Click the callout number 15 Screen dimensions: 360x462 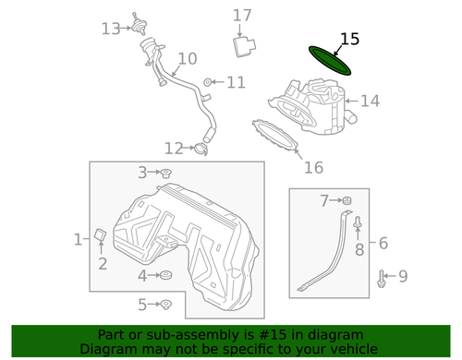coord(349,39)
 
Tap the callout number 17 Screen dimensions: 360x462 coord(242,15)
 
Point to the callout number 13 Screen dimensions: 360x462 coord(111,29)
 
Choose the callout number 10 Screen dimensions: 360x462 coord(188,59)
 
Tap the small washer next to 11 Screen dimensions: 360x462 coord(207,83)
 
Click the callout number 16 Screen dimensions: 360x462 coord(314,167)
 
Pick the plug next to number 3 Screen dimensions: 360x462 coord(166,173)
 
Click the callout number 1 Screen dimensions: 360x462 coord(79,240)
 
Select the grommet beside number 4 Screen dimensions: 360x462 coord(165,274)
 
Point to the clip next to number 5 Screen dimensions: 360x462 coord(165,305)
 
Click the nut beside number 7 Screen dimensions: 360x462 coord(348,200)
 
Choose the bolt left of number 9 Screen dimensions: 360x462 coord(380,275)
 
